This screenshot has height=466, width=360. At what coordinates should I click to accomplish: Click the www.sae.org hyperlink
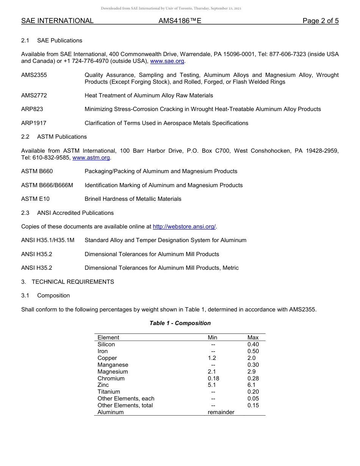point(167,61)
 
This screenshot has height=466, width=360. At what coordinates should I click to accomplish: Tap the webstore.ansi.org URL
point(184,227)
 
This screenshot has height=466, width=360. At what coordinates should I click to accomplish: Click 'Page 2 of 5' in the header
point(320,21)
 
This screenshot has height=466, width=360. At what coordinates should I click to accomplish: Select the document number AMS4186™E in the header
point(180,21)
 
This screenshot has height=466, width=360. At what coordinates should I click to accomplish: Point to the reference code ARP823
point(32,109)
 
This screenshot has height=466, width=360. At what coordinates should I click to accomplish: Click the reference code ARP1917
point(34,123)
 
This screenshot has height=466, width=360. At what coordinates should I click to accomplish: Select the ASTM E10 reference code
point(35,199)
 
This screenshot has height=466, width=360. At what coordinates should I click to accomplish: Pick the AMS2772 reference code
point(34,95)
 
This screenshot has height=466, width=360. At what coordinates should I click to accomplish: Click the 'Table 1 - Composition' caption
point(180,323)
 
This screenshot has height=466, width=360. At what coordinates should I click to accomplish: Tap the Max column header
point(253,338)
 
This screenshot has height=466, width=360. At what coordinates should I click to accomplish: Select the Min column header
point(213,338)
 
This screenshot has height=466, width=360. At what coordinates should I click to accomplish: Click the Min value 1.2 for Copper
point(212,358)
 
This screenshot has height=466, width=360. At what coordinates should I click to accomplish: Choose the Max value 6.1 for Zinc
point(251,385)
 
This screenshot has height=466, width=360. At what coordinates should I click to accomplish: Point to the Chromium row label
point(111,378)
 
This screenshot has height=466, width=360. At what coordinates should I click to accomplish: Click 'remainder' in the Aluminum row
point(221,412)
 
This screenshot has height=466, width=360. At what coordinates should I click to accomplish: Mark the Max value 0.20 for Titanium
point(253,392)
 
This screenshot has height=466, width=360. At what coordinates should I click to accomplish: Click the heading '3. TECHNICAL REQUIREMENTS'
point(67,282)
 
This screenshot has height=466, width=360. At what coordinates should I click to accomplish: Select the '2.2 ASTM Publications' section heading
point(54,137)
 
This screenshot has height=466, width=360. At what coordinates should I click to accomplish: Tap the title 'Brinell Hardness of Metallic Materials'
point(133,199)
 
